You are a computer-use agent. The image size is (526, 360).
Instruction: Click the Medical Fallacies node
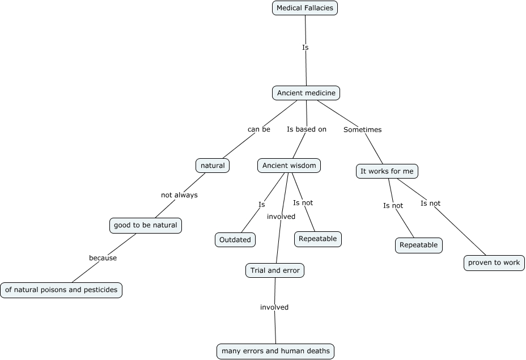[305, 8]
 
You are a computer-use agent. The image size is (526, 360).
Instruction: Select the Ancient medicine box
[306, 93]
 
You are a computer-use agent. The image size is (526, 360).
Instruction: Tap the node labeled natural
[213, 166]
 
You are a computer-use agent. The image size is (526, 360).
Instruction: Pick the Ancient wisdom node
[289, 166]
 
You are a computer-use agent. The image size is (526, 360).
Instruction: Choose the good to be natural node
[145, 225]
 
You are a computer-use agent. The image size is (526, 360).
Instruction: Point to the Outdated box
[235, 240]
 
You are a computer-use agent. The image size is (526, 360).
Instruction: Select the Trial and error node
[275, 271]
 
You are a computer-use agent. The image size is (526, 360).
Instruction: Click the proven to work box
[494, 263]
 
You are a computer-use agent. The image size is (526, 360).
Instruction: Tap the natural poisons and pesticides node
[61, 290]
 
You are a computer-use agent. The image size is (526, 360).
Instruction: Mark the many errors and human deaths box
[275, 351]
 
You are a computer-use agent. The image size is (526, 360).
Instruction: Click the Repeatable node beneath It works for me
[419, 245]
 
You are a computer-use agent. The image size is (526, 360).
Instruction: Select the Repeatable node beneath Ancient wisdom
[317, 239]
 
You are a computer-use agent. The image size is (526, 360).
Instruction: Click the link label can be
[259, 129]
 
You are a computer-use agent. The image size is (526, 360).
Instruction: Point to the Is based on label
[307, 129]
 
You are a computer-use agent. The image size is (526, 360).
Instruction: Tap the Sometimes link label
[363, 130]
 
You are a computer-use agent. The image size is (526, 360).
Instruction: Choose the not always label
[179, 195]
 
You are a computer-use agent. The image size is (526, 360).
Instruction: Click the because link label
[103, 258]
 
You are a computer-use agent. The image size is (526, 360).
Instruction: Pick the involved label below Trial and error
[274, 307]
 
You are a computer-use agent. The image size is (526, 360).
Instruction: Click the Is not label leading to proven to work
[430, 204]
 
